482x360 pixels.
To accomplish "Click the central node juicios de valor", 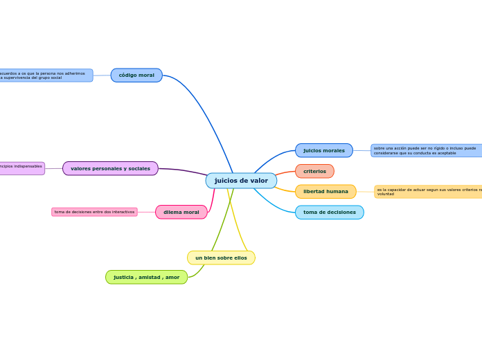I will pos(241,181).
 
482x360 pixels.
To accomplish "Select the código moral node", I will pos(136,75).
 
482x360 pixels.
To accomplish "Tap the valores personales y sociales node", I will pos(110,168).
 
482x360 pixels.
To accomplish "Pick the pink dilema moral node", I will pos(181,212).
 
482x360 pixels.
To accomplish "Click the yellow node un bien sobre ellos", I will pos(221,258).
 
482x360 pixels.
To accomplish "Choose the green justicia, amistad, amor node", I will pos(146,277).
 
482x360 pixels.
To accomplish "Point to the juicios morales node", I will pos(323,150).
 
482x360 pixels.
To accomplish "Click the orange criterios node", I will pos(314,171).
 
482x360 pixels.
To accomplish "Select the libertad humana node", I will pos(325,191).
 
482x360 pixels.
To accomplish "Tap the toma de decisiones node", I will pos(329,212).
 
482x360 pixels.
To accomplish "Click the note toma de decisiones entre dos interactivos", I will pos(94,212).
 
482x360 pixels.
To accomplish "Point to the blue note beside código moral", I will pos(45,75).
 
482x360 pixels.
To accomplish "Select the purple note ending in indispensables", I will pos(21,168).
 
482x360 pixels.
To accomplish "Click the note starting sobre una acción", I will pos(425,150).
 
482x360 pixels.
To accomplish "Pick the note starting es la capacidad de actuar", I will pos(428,192).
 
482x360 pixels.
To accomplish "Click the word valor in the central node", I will pos(259,181).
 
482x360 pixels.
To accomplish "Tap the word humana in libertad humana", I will pos(337,191).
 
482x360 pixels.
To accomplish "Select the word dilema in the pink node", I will pos(172,212).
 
